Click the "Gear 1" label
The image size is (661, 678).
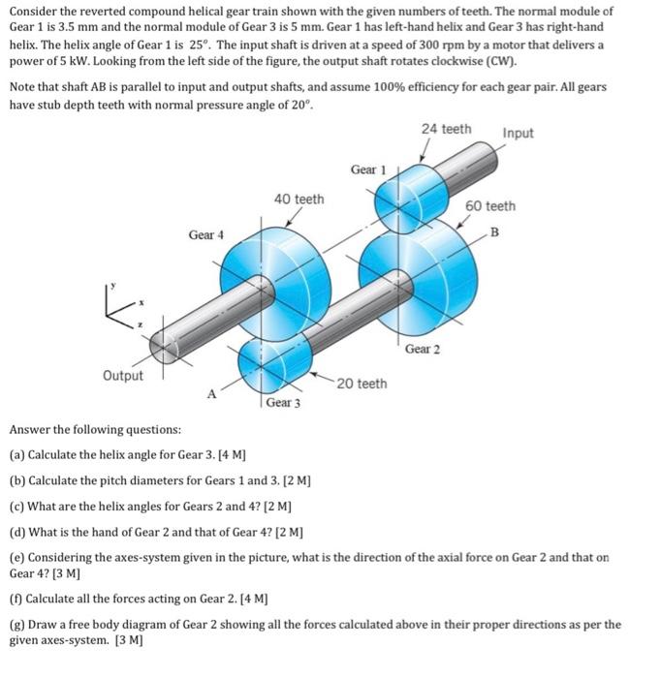pos(368,169)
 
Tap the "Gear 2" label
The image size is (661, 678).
pos(423,348)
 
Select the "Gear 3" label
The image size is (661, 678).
pos(283,402)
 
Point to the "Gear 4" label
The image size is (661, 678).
pos(205,234)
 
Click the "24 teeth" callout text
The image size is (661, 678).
pos(447,129)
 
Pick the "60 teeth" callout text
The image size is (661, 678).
pos(490,205)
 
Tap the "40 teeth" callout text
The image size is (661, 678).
pos(299,199)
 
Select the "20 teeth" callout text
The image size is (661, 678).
pos(362,384)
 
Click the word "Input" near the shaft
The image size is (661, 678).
pos(518,133)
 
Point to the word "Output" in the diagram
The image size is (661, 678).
pos(122,376)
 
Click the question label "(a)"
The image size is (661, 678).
pos(17,454)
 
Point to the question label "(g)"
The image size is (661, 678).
pos(17,625)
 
